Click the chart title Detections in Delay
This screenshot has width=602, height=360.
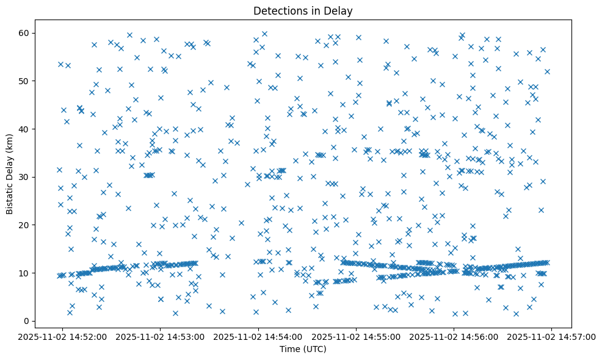coord(303,10)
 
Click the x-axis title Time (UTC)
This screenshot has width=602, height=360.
coord(303,349)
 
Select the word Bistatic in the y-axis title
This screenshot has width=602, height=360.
coord(10,193)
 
